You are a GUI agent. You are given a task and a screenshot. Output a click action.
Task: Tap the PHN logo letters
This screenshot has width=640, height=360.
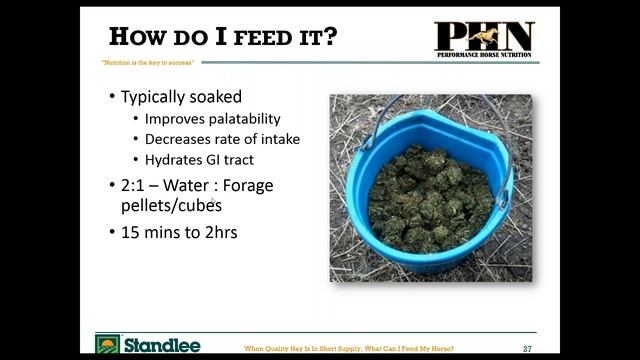pyautogui.click(x=484, y=36)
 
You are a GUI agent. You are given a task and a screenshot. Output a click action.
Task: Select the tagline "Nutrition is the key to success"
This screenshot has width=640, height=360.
pyautogui.click(x=147, y=62)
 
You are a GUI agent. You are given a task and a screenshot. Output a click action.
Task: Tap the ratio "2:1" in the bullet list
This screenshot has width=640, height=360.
pyautogui.click(x=136, y=185)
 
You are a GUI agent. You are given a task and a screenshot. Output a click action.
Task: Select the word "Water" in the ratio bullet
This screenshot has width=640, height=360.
pyautogui.click(x=194, y=185)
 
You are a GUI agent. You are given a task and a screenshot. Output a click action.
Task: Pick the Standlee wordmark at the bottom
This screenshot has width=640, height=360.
pyautogui.click(x=162, y=346)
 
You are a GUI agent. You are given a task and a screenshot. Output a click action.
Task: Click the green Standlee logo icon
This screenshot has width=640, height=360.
pyautogui.click(x=107, y=346)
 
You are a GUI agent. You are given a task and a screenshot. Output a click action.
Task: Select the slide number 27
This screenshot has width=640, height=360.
pyautogui.click(x=526, y=348)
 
